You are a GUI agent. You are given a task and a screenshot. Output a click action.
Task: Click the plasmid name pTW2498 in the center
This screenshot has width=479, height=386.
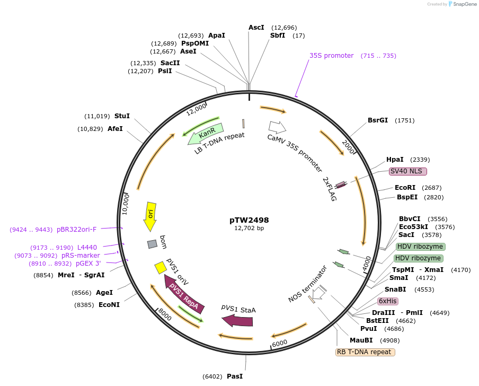pos(249,220)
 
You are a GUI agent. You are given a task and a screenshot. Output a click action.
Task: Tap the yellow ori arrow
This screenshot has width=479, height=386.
pos(150,216)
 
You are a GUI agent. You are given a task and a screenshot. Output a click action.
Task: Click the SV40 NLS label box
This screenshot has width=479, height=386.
pos(407,171)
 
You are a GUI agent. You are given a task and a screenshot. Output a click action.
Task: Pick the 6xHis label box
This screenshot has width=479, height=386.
pos(387,301)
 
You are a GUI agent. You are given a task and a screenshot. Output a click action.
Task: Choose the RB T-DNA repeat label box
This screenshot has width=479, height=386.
pos(365,352)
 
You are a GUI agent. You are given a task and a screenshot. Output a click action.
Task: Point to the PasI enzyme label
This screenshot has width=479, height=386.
pos(235,376)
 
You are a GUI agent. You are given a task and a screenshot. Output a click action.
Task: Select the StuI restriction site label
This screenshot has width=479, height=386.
pos(122,116)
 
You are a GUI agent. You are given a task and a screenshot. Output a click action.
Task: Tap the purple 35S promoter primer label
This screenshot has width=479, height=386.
pos(331,56)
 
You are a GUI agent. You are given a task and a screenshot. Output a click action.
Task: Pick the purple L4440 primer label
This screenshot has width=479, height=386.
pos(87,248)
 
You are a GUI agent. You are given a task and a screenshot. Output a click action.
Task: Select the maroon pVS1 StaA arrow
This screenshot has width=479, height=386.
pos(237,320)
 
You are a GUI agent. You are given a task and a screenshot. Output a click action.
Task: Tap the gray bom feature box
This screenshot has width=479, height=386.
pos(152,244)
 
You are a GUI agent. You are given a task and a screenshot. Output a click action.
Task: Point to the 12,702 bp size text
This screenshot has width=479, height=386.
pos(249,229)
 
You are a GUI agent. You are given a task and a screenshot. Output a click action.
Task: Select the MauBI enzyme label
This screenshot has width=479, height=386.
pos(361,340)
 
